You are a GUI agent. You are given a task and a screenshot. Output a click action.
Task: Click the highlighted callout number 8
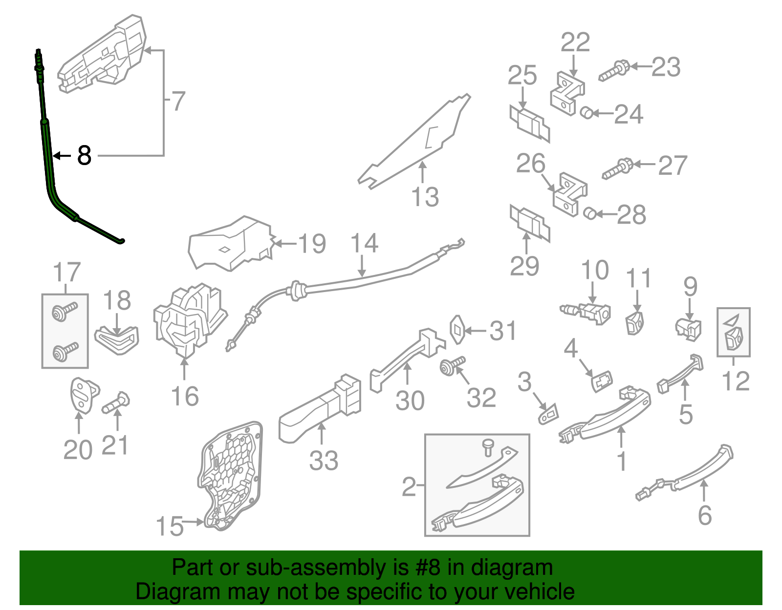(x=84, y=155)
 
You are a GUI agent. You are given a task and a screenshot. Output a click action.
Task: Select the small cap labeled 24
(x=586, y=113)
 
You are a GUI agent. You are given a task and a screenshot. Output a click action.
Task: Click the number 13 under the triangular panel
(x=425, y=197)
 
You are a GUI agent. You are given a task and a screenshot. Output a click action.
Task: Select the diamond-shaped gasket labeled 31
(x=457, y=330)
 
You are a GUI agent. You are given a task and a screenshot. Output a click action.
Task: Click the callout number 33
(x=323, y=460)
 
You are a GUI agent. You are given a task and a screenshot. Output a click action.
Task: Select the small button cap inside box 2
(x=488, y=446)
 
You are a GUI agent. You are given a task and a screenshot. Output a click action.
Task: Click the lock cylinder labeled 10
(x=589, y=312)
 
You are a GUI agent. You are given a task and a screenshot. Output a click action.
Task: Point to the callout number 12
(x=735, y=381)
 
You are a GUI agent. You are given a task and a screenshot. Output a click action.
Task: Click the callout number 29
(x=524, y=266)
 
